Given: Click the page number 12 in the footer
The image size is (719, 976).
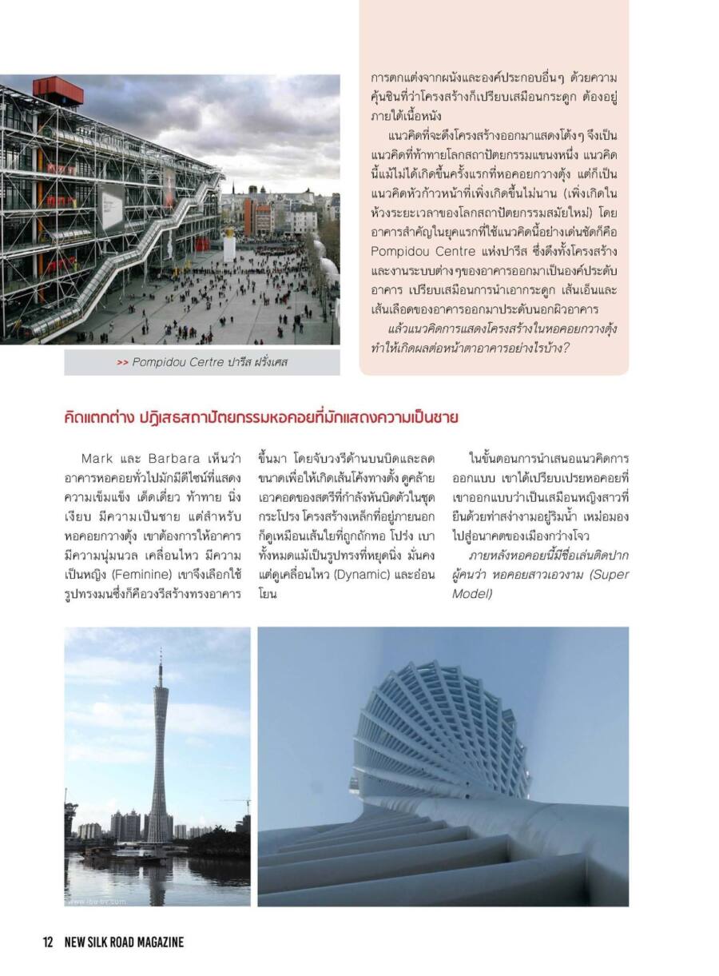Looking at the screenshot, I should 48,942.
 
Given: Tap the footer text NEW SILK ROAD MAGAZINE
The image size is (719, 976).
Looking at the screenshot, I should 124,942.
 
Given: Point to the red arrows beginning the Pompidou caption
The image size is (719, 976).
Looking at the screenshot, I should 122,363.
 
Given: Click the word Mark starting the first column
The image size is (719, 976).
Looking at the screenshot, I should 96,459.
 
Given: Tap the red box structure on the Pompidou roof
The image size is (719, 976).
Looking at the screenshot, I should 58,90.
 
